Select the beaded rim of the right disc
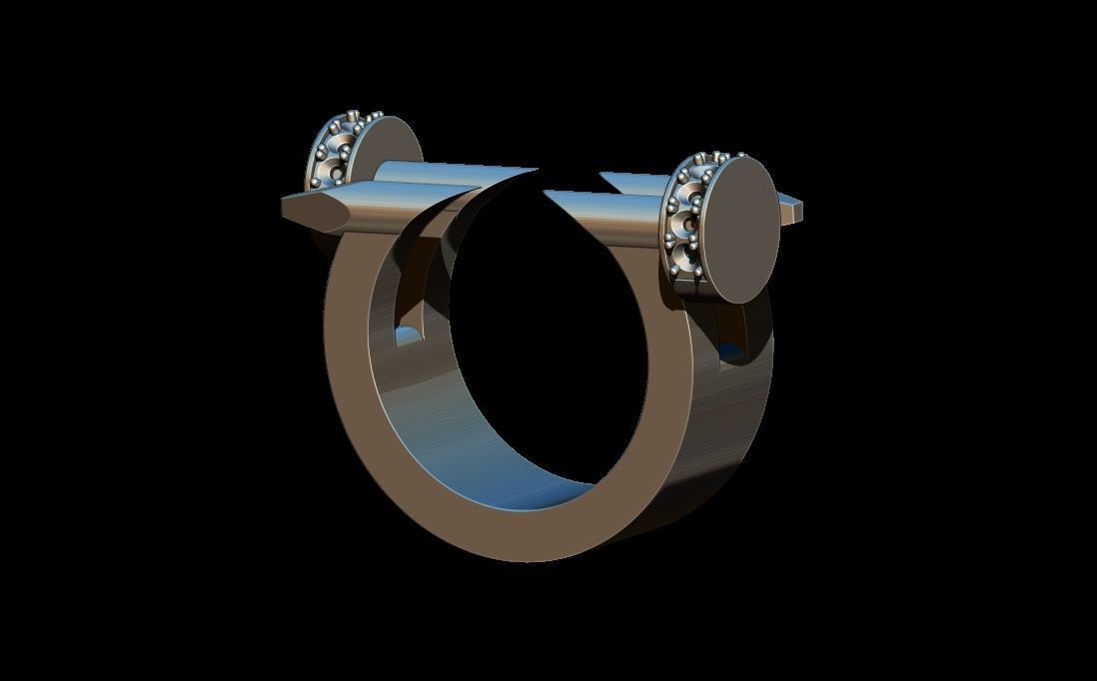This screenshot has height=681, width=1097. pos(686,220)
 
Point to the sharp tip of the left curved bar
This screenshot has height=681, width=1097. pos(536,171)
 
